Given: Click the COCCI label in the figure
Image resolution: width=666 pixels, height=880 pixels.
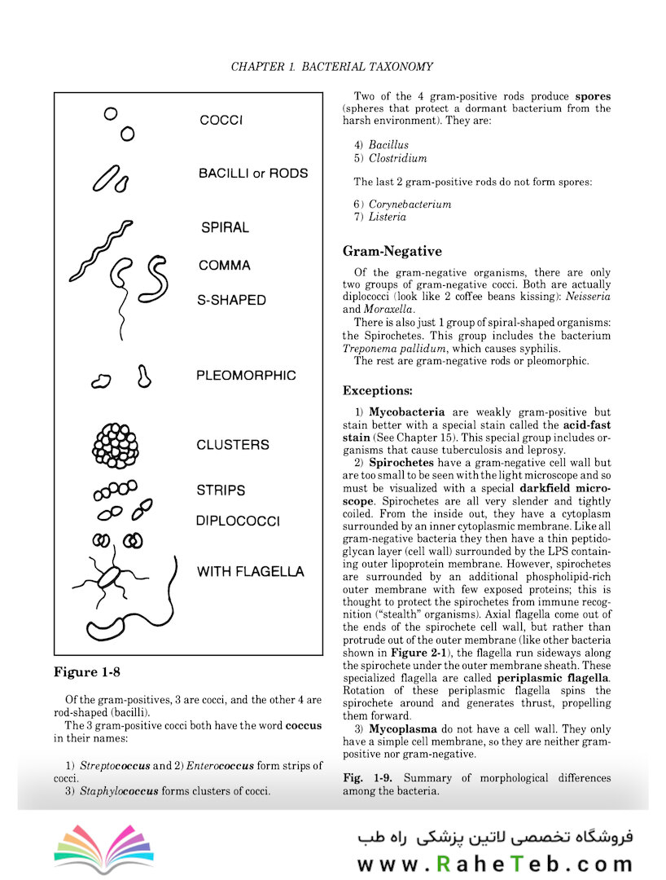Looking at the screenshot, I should coord(221,121).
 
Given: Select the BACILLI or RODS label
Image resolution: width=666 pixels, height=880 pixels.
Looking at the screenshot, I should coord(253,174).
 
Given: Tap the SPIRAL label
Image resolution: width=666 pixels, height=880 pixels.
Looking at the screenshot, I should coord(225,228).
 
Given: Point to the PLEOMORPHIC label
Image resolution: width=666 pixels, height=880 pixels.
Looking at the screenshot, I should coord(246,376).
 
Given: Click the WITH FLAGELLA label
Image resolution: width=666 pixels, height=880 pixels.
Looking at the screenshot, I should coord(250,571).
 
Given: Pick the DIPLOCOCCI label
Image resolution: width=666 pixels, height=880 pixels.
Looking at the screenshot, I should coord(238,521).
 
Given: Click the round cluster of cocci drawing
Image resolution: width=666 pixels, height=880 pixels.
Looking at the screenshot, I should coord(116,445).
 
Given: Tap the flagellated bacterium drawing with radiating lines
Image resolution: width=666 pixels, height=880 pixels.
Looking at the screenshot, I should coord(109,577).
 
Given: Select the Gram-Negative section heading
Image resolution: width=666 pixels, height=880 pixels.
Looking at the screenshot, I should coord(392,251).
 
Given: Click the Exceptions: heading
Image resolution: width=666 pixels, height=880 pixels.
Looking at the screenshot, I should coord(377,390).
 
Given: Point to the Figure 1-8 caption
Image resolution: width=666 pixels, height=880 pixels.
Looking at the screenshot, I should coord(87,672).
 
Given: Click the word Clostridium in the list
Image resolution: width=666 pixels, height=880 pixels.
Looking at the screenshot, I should coord(397,158).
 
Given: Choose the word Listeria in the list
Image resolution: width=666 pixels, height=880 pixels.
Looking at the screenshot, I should coord(387,217).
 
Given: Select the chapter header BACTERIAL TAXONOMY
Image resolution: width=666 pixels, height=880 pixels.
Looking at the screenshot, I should coord(367,66).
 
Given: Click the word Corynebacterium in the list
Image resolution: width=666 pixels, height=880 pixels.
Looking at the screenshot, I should coord(410,204).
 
